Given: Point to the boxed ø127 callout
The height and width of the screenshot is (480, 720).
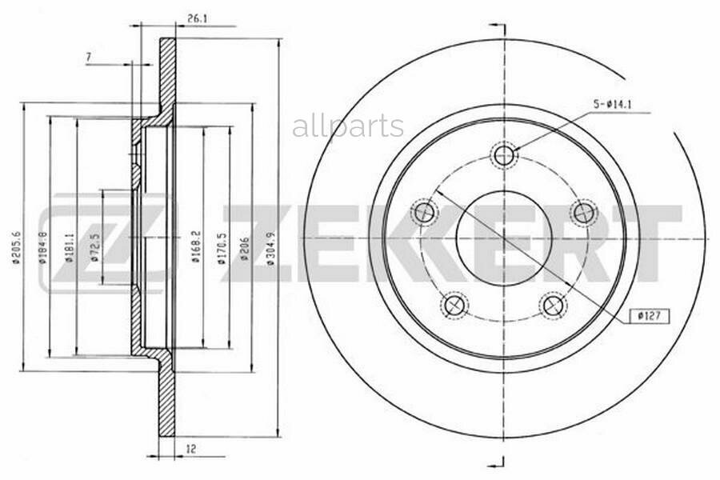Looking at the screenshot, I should (x=648, y=315).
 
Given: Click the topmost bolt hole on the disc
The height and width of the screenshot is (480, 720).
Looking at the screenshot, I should (x=503, y=155).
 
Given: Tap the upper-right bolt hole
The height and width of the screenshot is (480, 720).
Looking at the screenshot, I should (x=583, y=213).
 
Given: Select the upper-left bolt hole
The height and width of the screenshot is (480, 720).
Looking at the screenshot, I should (x=424, y=213).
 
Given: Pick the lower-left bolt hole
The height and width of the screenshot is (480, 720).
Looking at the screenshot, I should (x=454, y=305).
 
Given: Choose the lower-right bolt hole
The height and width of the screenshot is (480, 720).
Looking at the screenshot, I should (x=553, y=305).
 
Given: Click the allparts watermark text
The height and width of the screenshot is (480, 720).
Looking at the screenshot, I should (x=347, y=126).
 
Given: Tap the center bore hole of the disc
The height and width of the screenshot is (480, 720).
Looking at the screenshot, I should (x=503, y=238).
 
